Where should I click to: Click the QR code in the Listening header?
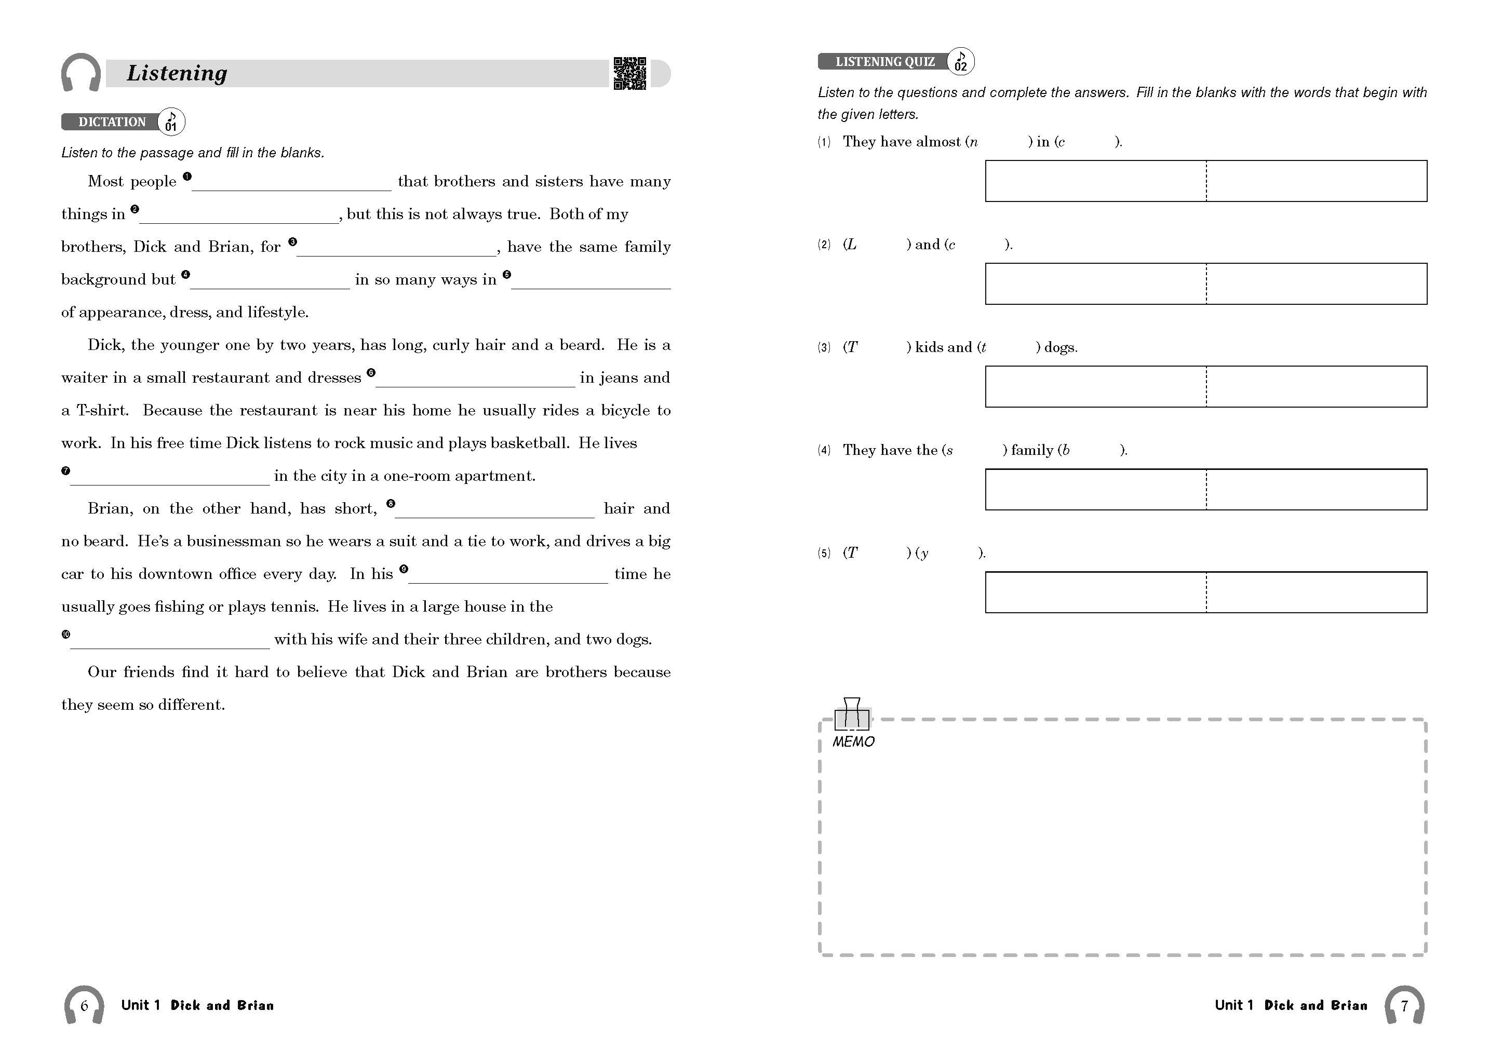tap(629, 73)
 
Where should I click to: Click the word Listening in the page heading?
tap(177, 73)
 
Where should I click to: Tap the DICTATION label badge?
tap(112, 122)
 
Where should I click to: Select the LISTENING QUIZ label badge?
tap(884, 62)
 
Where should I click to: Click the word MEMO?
tap(853, 742)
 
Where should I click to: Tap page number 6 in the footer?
tap(84, 1006)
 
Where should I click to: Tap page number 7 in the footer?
tap(1404, 1006)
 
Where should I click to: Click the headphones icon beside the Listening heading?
tap(81, 73)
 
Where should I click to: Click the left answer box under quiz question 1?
tap(1095, 181)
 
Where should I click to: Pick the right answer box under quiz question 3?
tap(1317, 386)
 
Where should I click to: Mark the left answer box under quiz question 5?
tap(1095, 592)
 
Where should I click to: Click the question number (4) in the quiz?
tap(824, 450)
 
